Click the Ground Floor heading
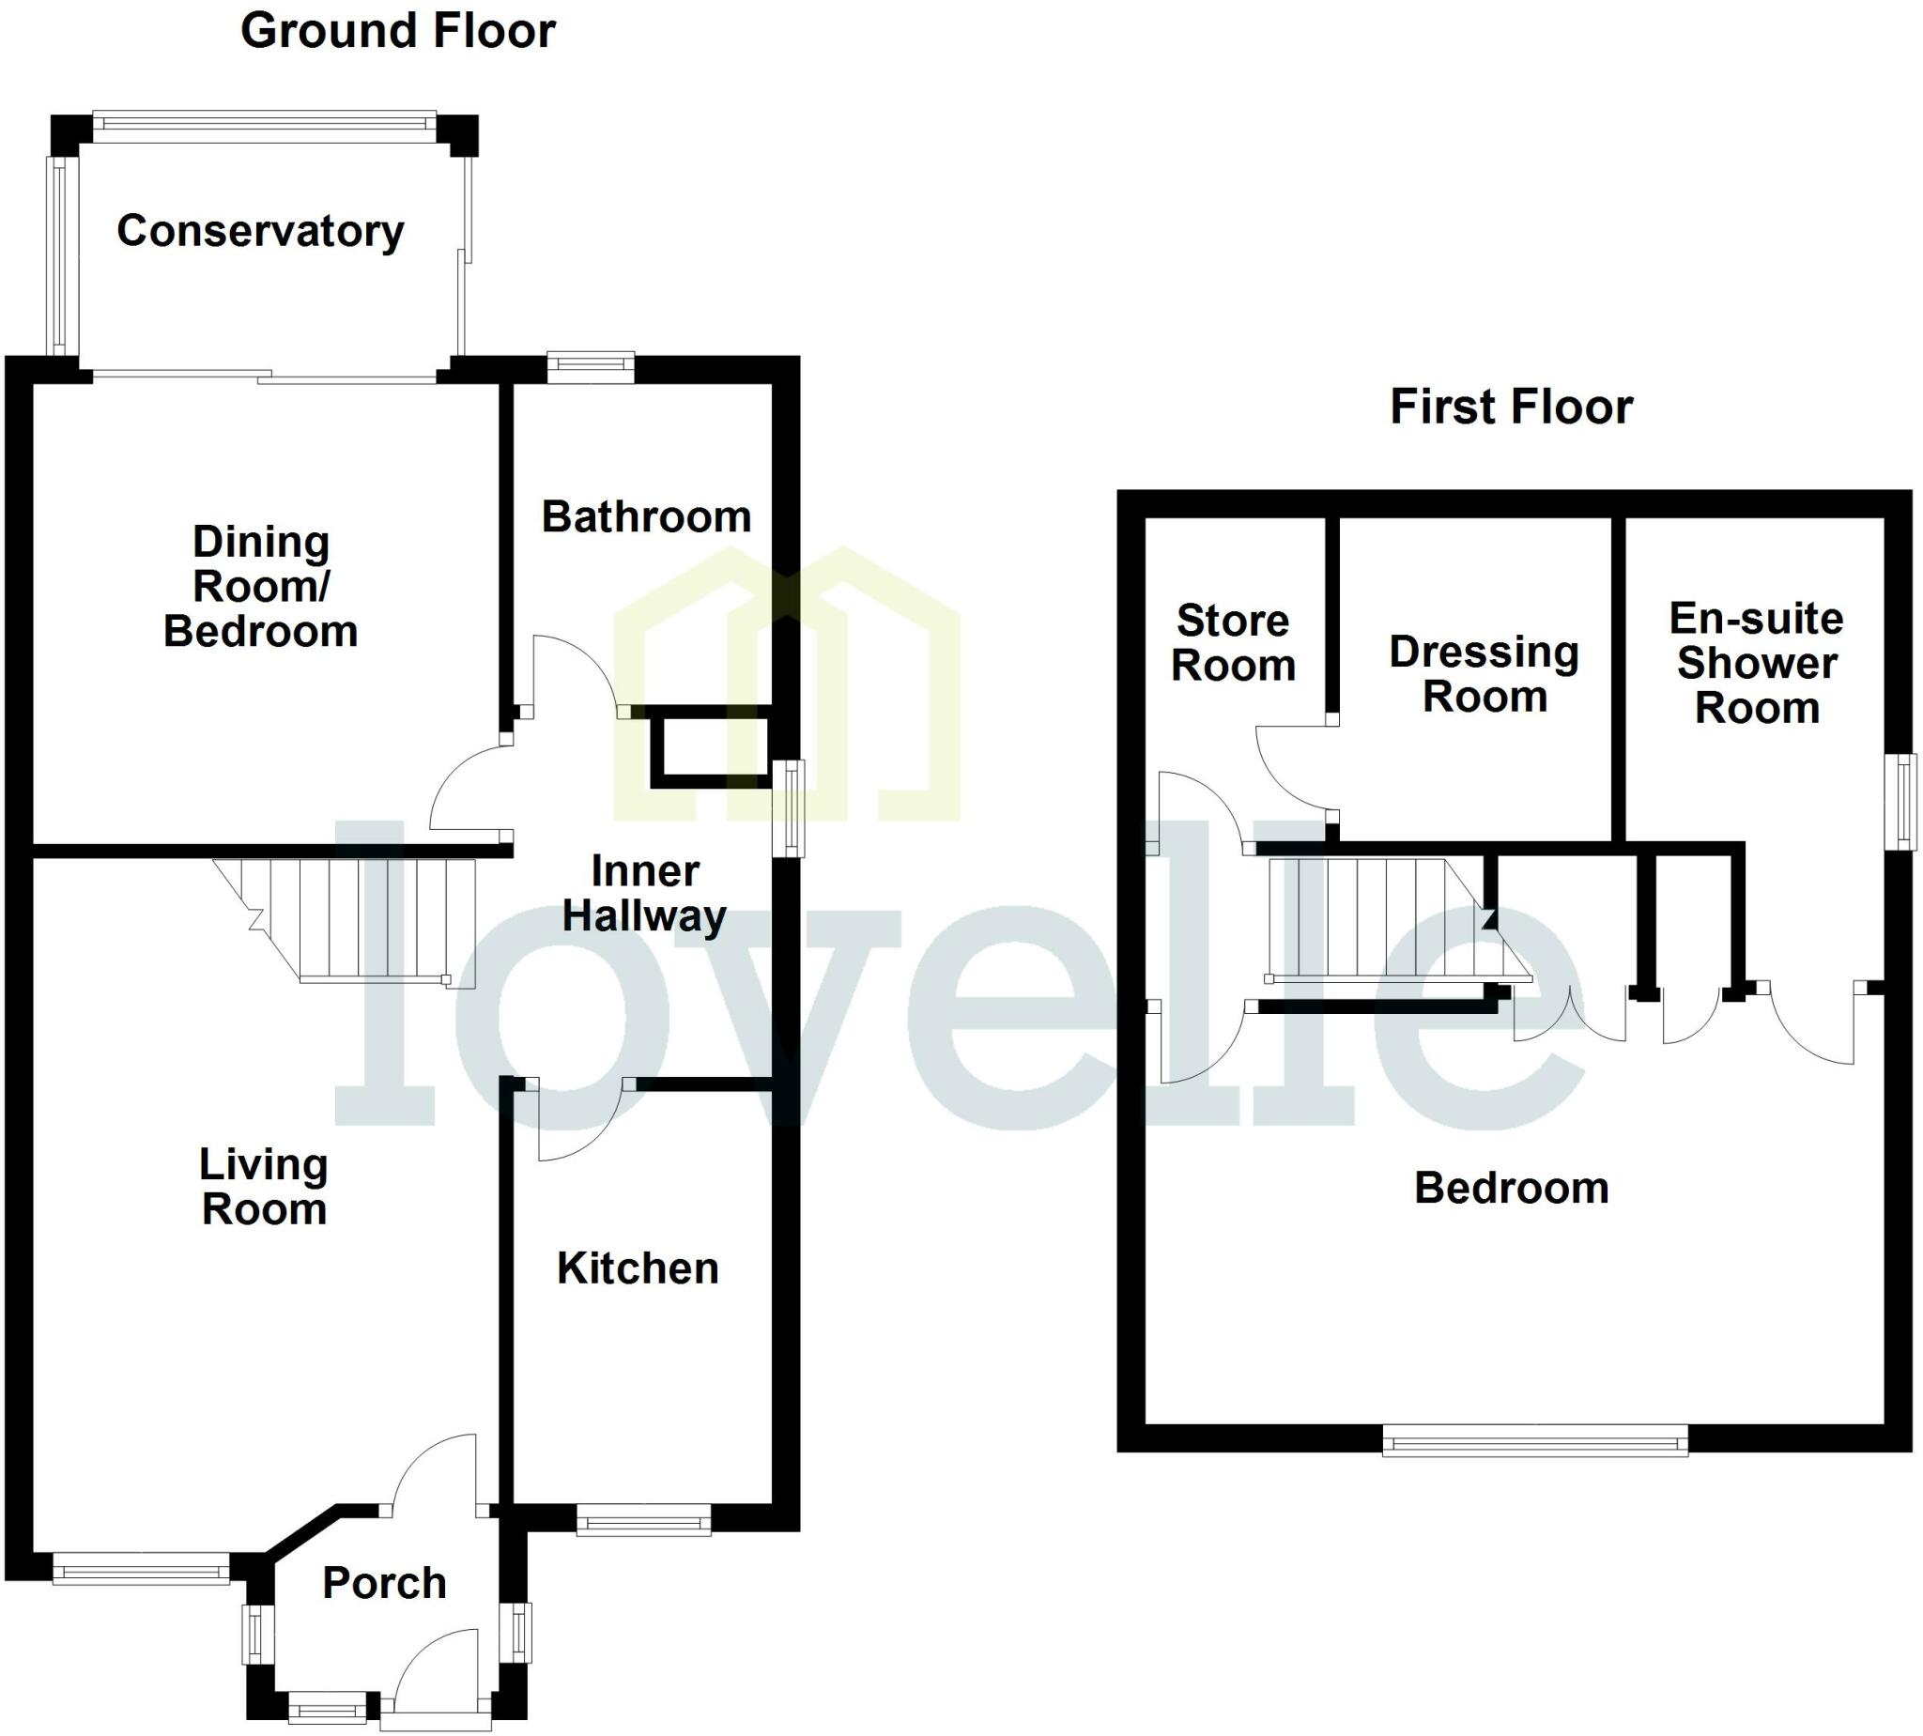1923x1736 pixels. point(398,31)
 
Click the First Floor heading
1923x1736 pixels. point(1511,407)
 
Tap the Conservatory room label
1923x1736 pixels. point(260,231)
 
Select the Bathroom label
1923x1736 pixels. point(646,517)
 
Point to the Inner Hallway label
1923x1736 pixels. point(645,894)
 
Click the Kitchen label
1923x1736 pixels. point(638,1268)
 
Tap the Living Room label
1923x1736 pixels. point(264,1187)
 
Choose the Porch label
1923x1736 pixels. point(384,1583)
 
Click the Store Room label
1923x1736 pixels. point(1233,643)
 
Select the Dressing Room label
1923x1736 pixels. point(1485,673)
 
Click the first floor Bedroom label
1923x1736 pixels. point(1511,1189)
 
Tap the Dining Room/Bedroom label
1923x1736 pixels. point(260,587)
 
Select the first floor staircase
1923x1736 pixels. point(1383,919)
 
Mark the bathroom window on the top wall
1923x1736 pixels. point(591,367)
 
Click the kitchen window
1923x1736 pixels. point(643,1519)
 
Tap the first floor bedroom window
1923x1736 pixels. point(1535,1439)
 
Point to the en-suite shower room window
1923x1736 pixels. point(1905,801)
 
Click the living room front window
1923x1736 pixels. point(140,1568)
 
